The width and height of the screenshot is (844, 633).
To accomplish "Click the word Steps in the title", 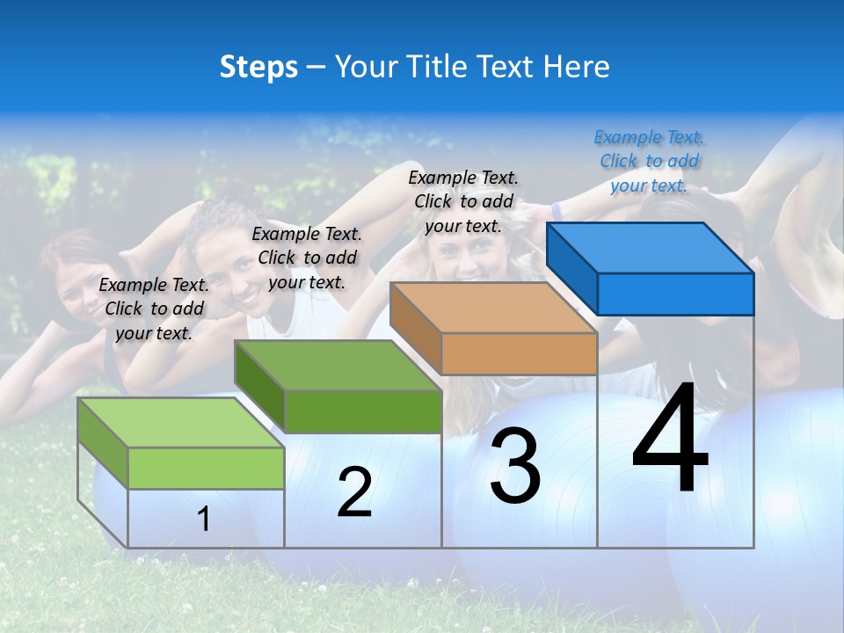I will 258,67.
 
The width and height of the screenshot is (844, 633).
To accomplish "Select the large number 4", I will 670,441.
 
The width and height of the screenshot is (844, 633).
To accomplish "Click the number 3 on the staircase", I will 515,466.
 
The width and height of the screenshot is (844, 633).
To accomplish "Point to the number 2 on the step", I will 354,492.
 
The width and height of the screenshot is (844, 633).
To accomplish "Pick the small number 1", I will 204,520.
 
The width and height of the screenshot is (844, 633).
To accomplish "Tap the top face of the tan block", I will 492,308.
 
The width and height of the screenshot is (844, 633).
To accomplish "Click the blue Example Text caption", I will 650,161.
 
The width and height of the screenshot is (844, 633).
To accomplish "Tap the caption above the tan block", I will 463,201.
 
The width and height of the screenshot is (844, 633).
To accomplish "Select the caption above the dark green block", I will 307,258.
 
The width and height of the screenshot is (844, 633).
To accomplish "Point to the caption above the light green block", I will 154,309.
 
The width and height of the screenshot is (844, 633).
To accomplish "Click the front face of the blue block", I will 675,294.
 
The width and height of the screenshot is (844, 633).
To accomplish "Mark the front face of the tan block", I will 519,353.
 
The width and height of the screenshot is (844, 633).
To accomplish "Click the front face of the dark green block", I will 363,411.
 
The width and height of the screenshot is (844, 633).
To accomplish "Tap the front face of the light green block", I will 206,468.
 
